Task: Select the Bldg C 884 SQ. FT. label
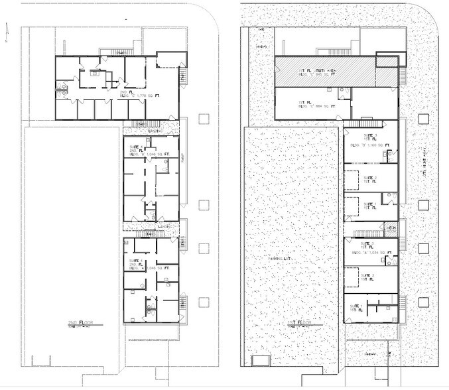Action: (x=316, y=105)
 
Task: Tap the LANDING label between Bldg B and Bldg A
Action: (x=166, y=227)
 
